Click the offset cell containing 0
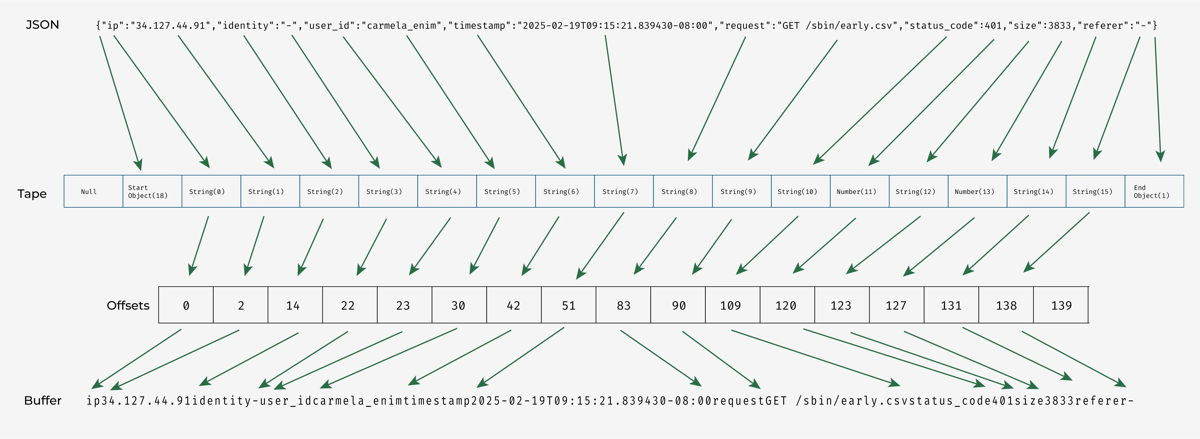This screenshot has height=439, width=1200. click(186, 305)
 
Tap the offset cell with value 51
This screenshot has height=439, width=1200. click(568, 305)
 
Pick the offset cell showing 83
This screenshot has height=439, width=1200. click(623, 305)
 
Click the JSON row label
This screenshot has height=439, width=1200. click(42, 25)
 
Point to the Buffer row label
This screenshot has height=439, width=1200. click(43, 400)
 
